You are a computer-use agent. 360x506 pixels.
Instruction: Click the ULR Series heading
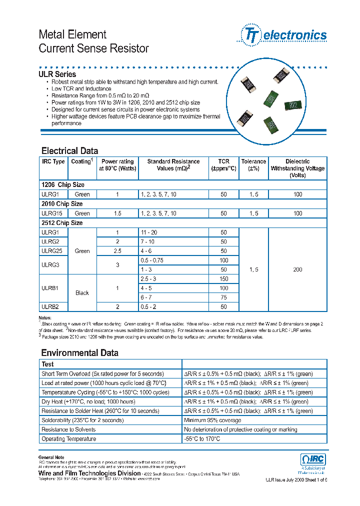[57, 74]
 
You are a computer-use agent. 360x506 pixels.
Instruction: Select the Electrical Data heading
[69, 151]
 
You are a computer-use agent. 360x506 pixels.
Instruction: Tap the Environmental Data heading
[79, 353]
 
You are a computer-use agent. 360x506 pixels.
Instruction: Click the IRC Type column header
[53, 161]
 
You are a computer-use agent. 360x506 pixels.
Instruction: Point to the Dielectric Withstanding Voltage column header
[297, 168]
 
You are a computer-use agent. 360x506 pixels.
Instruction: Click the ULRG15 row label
[51, 213]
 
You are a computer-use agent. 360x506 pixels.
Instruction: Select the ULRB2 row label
[50, 307]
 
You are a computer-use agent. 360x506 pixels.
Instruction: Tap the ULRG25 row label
[51, 251]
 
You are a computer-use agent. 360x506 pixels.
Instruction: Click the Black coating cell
[82, 293]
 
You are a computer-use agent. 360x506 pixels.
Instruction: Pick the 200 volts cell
[297, 269]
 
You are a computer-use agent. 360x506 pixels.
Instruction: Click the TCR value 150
[223, 279]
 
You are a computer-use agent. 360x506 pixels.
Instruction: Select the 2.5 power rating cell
[117, 251]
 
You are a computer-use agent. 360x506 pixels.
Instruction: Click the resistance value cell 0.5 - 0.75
[152, 260]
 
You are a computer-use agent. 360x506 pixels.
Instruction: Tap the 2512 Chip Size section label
[62, 223]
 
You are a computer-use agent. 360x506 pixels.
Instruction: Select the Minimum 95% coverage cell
[212, 420]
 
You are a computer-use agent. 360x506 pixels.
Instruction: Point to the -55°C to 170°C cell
[202, 439]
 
